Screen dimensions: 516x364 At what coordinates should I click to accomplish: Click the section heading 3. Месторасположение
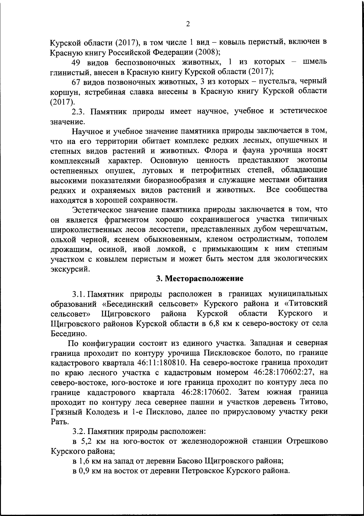click(x=200, y=278)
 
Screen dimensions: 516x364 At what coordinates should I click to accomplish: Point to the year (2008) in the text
click(x=207, y=52)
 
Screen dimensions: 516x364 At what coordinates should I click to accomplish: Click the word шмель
click(x=315, y=62)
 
